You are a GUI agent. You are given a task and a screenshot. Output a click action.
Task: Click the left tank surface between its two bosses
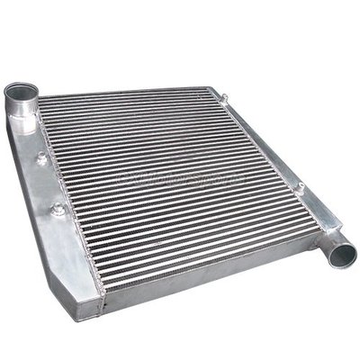pos(49,184)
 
